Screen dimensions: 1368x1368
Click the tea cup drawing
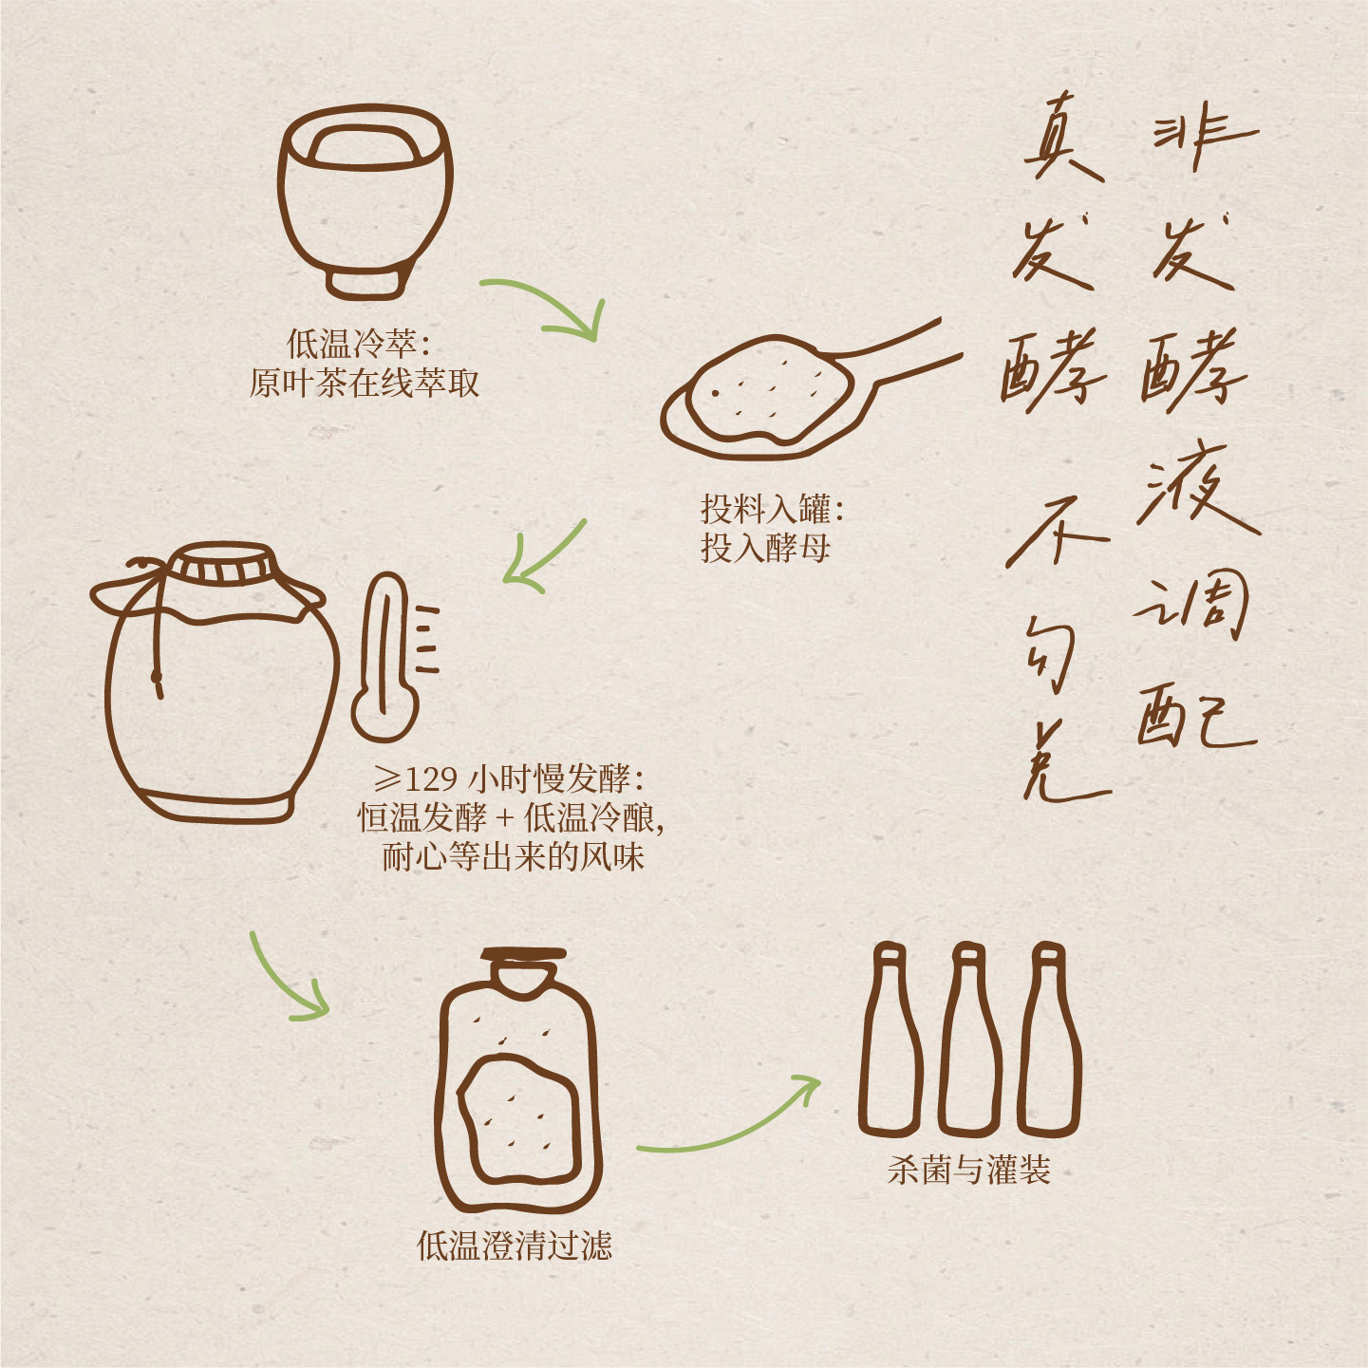365,202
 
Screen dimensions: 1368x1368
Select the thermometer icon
395,657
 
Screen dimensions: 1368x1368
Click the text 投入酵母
765,548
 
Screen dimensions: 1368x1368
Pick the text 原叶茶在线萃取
365,384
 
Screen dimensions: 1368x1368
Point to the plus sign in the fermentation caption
504,819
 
